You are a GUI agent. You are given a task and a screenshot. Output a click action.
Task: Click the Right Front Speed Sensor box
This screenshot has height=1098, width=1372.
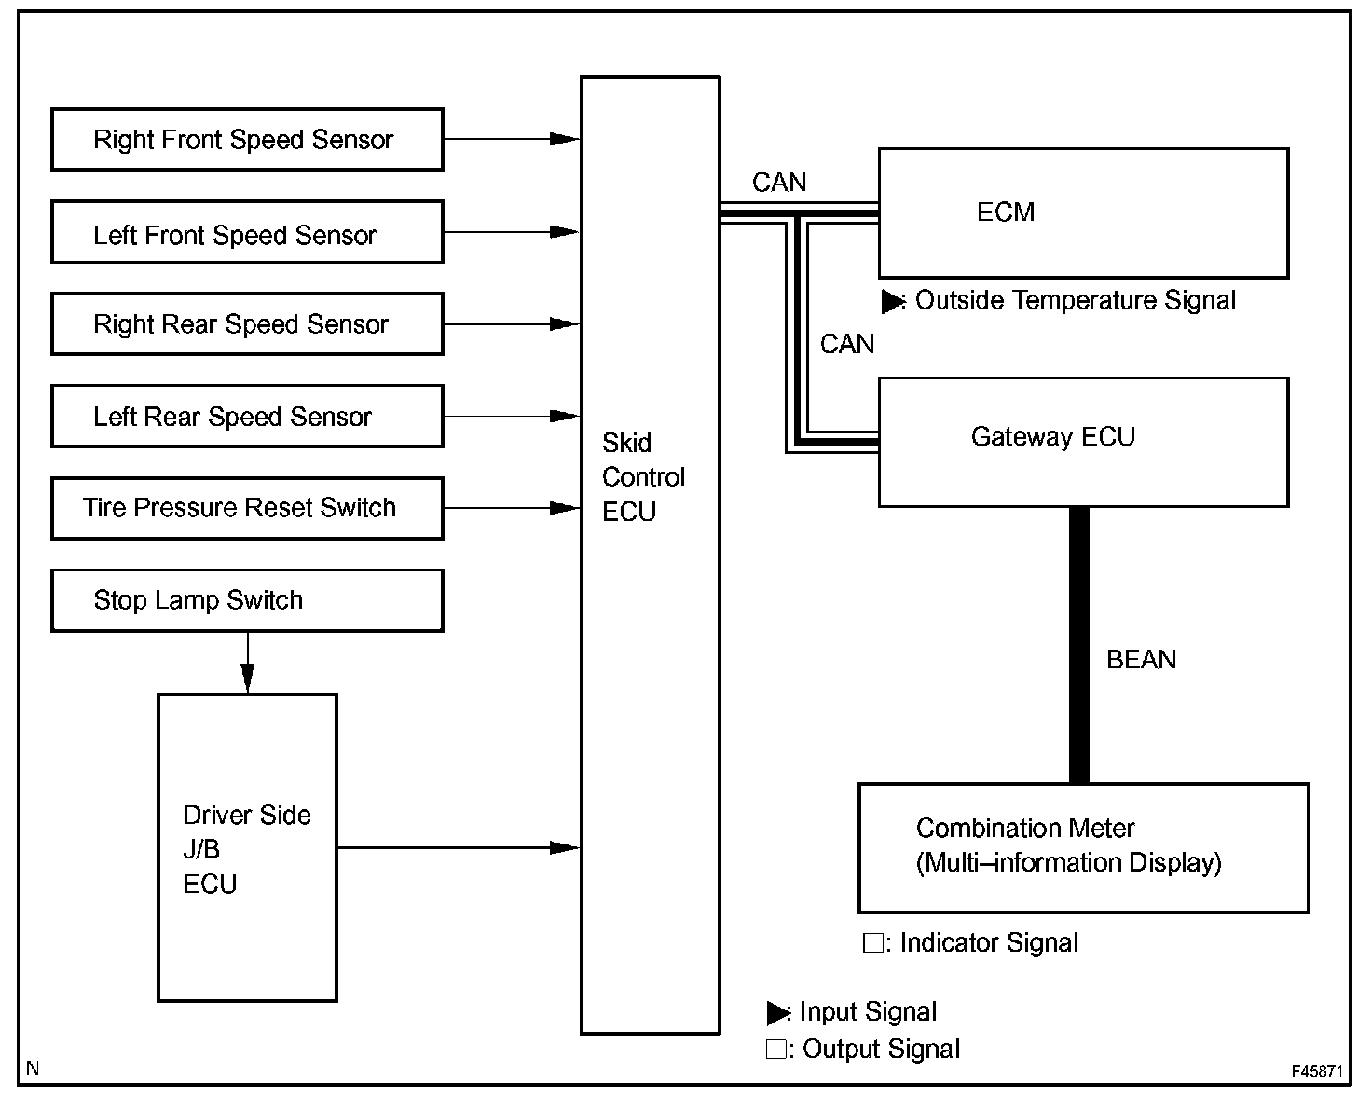pyautogui.click(x=247, y=140)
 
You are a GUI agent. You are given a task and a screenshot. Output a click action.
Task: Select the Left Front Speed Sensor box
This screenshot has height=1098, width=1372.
pyautogui.click(x=247, y=232)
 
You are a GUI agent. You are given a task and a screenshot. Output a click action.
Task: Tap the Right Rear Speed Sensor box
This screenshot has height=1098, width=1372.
pyautogui.click(x=247, y=324)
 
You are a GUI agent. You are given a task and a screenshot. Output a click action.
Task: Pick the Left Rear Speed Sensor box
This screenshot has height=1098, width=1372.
pyautogui.click(x=247, y=416)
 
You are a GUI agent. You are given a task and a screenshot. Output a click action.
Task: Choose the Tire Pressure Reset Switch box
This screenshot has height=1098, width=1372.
pyautogui.click(x=247, y=508)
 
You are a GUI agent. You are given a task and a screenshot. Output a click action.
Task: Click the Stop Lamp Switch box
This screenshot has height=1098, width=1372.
pyautogui.click(x=247, y=600)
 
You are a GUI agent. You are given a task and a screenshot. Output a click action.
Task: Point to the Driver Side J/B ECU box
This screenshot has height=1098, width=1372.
pyautogui.click(x=247, y=847)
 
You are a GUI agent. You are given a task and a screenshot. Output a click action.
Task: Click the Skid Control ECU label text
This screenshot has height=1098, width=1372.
pyautogui.click(x=642, y=477)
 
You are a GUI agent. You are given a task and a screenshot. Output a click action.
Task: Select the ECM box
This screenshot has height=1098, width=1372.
pyautogui.click(x=1083, y=213)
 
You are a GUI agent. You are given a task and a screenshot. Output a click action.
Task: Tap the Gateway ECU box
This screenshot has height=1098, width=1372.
pyautogui.click(x=1083, y=442)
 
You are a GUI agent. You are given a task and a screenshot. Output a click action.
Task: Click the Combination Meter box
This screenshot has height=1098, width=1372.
pyautogui.click(x=1083, y=847)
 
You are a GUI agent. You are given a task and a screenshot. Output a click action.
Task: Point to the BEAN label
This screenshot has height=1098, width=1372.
pyautogui.click(x=1141, y=660)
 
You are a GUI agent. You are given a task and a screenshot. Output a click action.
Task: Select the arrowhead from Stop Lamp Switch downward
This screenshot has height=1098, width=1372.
pyautogui.click(x=247, y=677)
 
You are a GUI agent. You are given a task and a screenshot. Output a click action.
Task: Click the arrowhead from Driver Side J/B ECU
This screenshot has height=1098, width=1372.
pyautogui.click(x=564, y=847)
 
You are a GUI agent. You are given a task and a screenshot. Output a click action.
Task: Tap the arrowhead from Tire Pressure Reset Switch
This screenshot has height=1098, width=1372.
pyautogui.click(x=564, y=508)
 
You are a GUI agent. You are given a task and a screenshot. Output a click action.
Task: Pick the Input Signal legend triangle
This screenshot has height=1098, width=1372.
pyautogui.click(x=776, y=1012)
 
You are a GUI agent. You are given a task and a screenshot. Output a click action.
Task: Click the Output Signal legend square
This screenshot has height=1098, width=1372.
pyautogui.click(x=775, y=1050)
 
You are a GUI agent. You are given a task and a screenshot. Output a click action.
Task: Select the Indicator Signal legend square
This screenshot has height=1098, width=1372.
pyautogui.click(x=872, y=943)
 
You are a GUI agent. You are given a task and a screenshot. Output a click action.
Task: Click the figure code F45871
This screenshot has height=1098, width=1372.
pyautogui.click(x=1316, y=1072)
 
